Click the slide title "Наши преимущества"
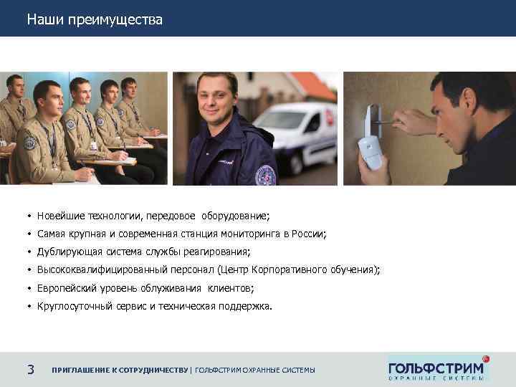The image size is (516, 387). pos(95,19)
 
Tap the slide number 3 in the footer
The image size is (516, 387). pos(31,370)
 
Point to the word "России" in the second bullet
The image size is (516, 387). pos(308,234)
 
